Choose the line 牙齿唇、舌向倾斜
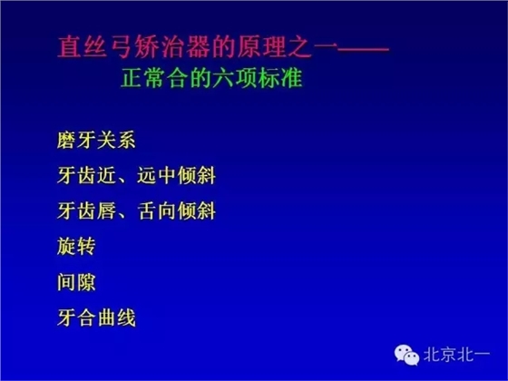[135, 211]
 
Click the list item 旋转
[75, 247]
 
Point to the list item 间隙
[75, 282]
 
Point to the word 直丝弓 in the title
[84, 46]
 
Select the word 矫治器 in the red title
[161, 46]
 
